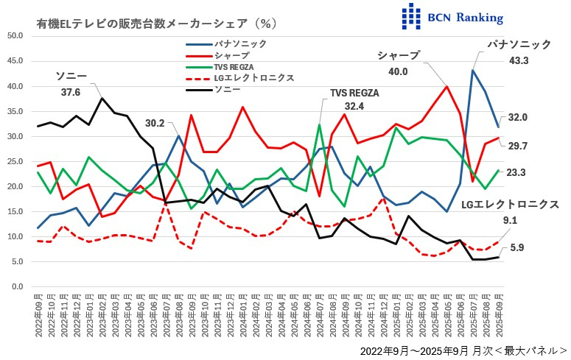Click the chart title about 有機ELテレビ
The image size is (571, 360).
pos(156,24)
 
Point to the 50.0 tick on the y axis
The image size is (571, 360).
pos(15,36)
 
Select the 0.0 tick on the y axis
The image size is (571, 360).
pos(17,286)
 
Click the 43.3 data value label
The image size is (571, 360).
pos(519,60)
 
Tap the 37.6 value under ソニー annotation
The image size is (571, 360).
pos(71,92)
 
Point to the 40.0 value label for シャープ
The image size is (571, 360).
pos(398,71)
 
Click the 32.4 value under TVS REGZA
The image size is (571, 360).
pos(354,106)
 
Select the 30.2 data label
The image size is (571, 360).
pos(155,123)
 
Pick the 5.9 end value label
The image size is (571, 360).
pos(516,248)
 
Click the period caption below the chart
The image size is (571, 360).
pos(463,351)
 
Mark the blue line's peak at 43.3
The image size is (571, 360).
pos(472,70)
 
